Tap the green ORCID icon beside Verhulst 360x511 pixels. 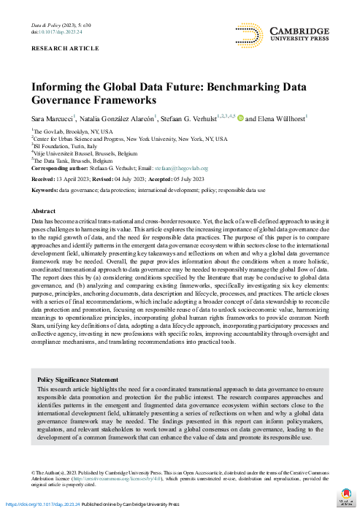[240, 117]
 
